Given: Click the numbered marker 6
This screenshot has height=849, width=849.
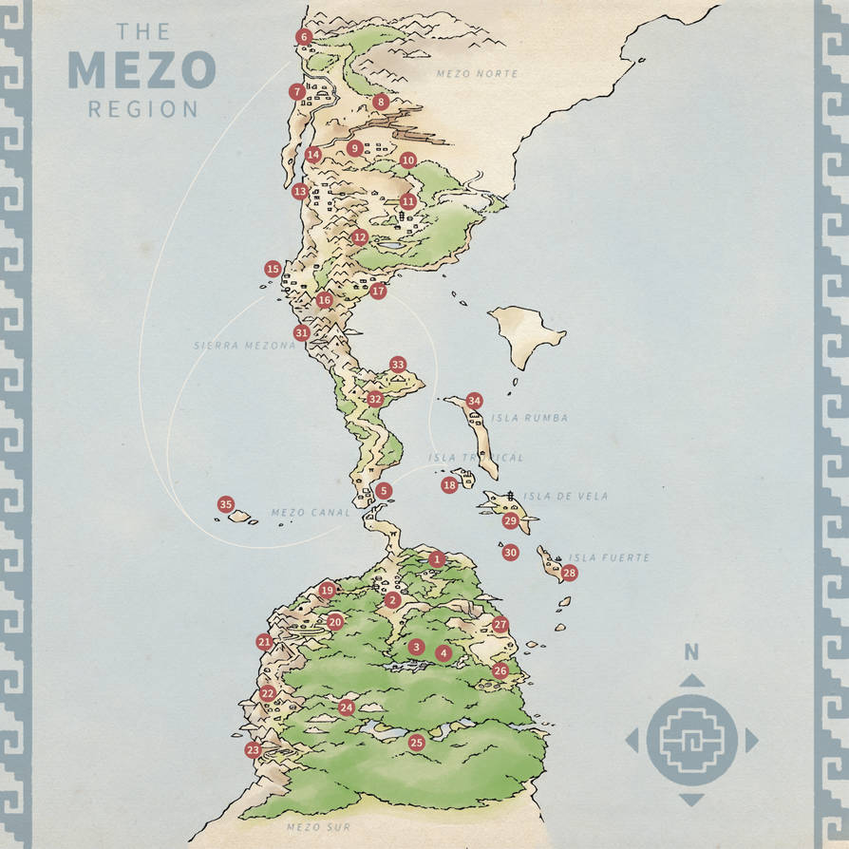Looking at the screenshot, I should coord(304,37).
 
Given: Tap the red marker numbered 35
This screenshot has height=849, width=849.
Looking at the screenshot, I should coord(225,504).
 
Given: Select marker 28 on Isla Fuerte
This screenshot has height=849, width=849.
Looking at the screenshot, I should coord(569,573).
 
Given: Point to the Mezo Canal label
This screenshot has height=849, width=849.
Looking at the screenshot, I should coord(302,513).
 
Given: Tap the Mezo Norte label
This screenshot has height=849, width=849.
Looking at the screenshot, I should coord(477,74).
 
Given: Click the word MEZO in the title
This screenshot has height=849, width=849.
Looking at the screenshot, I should coord(141,69).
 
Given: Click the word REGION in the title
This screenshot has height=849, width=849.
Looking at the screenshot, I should coord(142,109).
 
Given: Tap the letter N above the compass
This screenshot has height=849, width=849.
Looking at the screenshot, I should coord(691,651).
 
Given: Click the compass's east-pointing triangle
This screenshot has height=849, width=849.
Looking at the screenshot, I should coord(751,741).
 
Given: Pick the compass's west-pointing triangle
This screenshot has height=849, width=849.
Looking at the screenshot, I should coord(632,741).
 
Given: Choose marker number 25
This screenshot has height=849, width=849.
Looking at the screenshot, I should coord(416,743).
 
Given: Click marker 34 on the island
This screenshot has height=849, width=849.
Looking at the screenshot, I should coord(474,401).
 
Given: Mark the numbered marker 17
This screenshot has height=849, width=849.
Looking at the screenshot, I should coord(378,292).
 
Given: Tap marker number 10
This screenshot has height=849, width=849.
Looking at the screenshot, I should coord(408,160).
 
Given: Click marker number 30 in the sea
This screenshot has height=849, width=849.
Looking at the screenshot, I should coord(510,553).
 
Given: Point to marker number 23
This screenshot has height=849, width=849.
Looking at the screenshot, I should coord(253,750).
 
